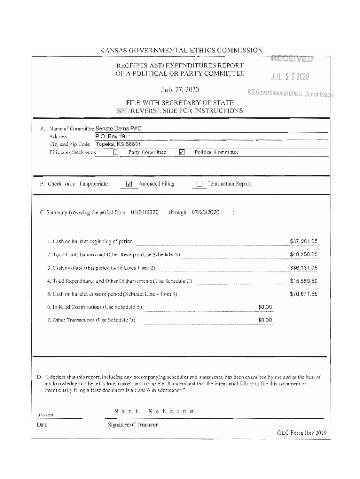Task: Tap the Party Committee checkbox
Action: pos(116,152)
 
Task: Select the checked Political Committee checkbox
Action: pos(182,152)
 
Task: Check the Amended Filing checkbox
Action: pos(130,184)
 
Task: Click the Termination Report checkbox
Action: pos(200,184)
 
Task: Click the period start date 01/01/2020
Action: pos(145,212)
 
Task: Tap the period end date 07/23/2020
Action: pos(206,212)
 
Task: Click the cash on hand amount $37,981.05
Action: pos(304,241)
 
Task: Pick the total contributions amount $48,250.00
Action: pos(304,254)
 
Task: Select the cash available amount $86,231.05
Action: pos(304,268)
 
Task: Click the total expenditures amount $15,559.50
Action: pos(304,281)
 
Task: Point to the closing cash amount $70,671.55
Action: pos(304,294)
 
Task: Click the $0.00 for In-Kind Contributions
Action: pos(265,307)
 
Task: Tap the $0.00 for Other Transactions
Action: pos(265,320)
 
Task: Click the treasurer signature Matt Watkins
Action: pos(153,411)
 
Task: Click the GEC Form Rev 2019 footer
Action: pos(301,432)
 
